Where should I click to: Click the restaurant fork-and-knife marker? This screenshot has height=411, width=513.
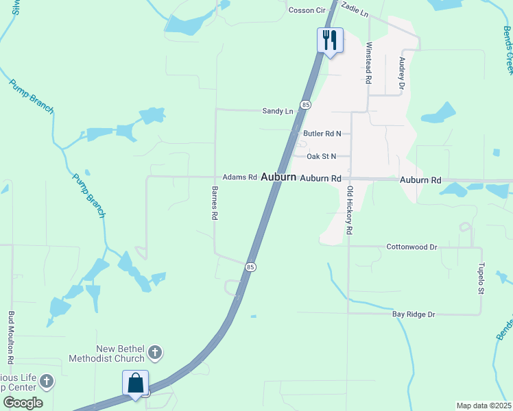[x=330, y=40]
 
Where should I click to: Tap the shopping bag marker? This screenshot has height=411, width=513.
[x=136, y=383]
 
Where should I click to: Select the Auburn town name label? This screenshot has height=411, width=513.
[x=278, y=177]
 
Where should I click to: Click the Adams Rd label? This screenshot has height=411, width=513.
[x=239, y=177]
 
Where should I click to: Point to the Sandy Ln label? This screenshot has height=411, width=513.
[x=278, y=111]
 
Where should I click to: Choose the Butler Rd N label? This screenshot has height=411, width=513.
[x=322, y=134]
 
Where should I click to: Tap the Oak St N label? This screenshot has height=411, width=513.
[x=322, y=156]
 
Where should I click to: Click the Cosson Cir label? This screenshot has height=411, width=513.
[x=307, y=10]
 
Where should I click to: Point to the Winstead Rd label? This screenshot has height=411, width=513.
[x=369, y=63]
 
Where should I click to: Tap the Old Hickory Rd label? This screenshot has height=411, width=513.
[x=350, y=210]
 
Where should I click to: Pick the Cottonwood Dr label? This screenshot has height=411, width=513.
[x=411, y=247]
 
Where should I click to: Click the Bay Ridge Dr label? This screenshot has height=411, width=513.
[x=414, y=314]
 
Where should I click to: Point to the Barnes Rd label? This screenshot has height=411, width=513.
[x=215, y=203]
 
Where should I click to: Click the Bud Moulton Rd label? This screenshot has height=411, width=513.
[x=11, y=338]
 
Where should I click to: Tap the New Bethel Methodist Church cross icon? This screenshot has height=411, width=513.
[x=155, y=353]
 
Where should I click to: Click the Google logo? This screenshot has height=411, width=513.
[x=23, y=403]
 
